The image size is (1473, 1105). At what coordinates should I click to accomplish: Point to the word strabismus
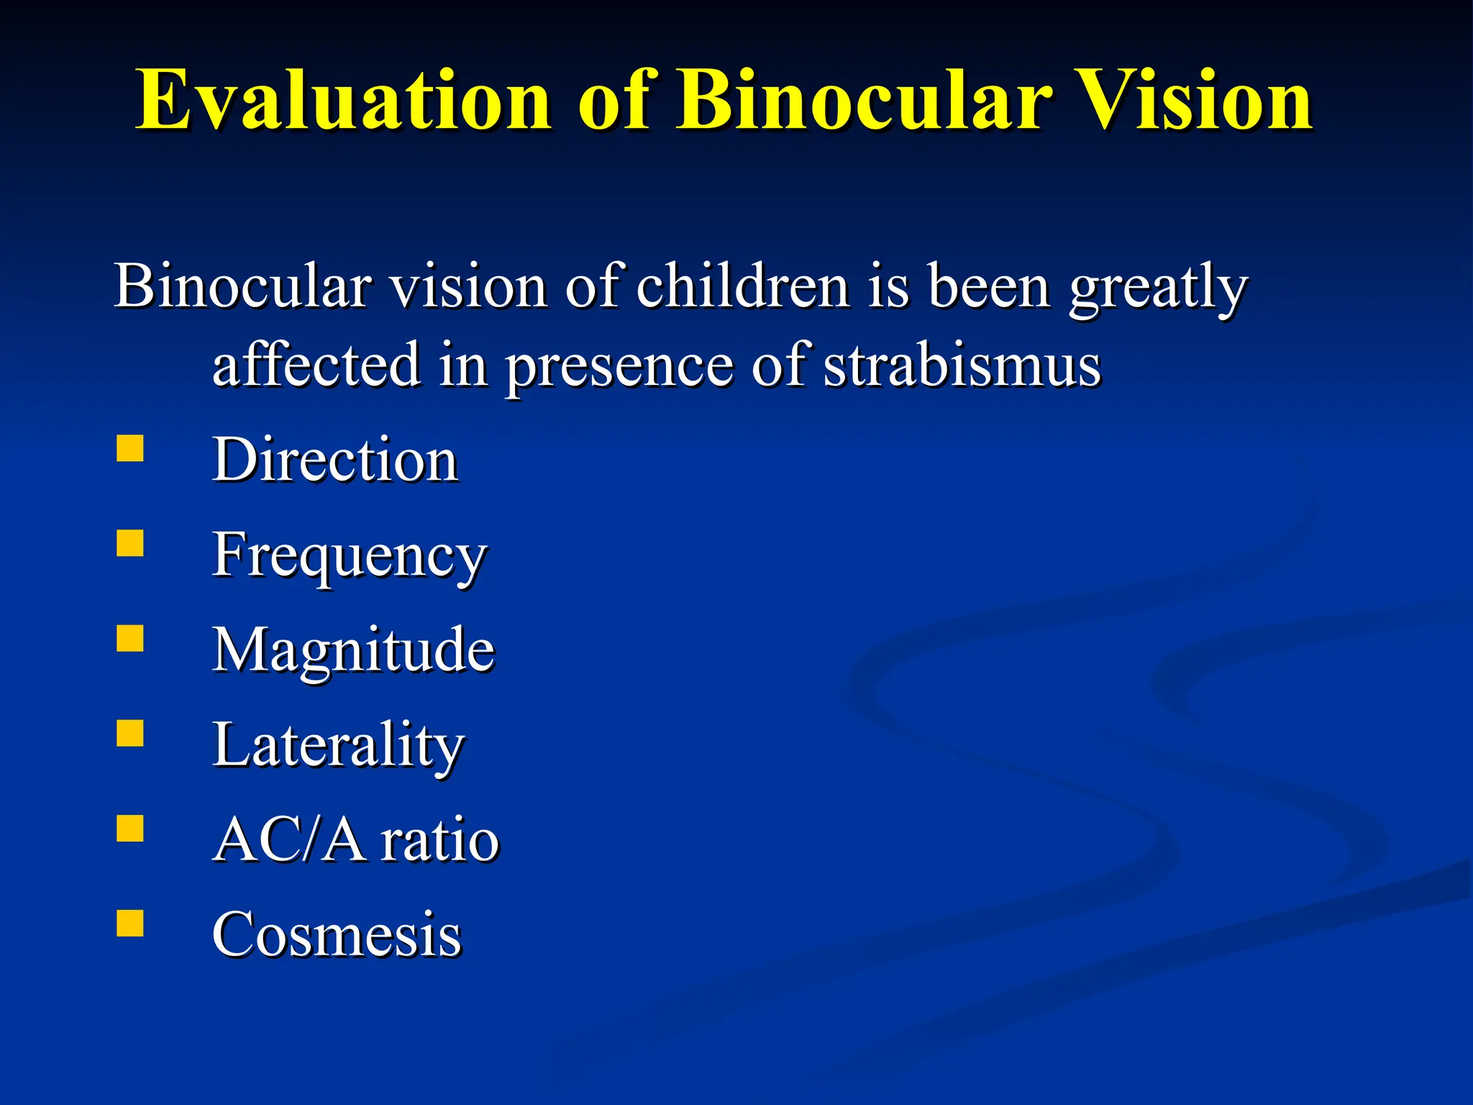(x=962, y=365)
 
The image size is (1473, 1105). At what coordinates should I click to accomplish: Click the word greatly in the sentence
(x=1158, y=288)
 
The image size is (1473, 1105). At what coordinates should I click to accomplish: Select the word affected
(x=316, y=365)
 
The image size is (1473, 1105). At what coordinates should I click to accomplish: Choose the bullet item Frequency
(x=350, y=555)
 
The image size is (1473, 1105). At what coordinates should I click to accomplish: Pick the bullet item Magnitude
(x=353, y=650)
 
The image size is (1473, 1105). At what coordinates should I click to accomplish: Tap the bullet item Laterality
(x=338, y=745)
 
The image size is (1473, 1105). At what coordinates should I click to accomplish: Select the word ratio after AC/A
(x=439, y=840)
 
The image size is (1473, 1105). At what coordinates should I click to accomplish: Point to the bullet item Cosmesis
(x=337, y=935)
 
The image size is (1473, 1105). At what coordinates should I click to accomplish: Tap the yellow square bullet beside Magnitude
(x=130, y=638)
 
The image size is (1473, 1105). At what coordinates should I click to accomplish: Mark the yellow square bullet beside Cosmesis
(x=130, y=923)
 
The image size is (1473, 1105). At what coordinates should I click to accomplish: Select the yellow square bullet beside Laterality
(x=130, y=733)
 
